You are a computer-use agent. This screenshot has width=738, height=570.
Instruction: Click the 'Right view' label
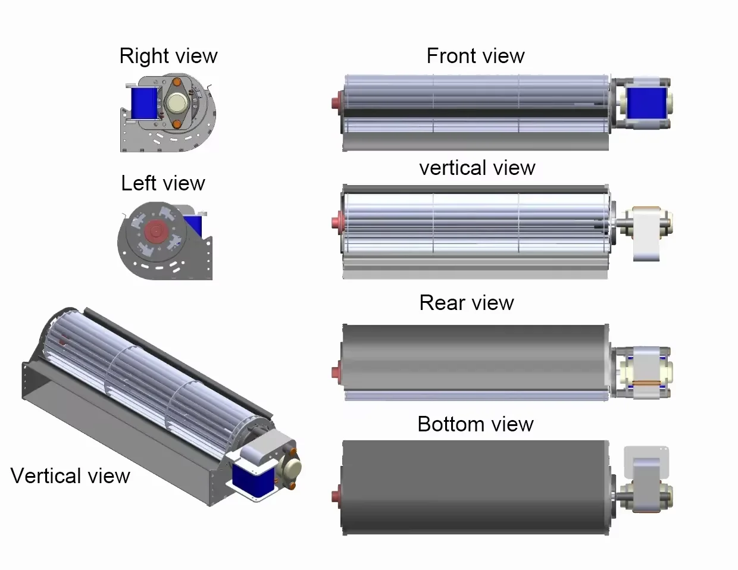[168, 56]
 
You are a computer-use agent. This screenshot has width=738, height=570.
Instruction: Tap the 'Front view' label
[475, 56]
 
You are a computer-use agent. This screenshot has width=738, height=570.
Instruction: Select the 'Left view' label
[162, 183]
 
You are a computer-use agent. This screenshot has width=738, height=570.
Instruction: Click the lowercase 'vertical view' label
[477, 168]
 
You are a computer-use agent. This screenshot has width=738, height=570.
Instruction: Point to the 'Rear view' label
[466, 303]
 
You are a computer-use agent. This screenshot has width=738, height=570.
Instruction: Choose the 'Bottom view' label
[475, 424]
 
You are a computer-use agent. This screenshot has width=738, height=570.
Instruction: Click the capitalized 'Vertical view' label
[70, 476]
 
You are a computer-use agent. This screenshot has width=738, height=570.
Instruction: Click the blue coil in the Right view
[143, 102]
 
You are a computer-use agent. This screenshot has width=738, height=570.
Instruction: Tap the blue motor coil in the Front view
[647, 103]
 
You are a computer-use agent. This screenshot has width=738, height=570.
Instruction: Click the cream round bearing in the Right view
[177, 104]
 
